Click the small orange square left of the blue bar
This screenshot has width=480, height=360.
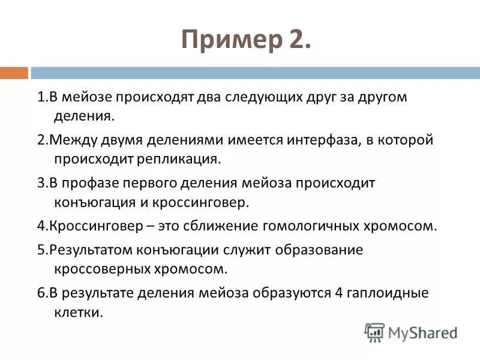[x=14, y=73]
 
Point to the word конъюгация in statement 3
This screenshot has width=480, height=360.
[x=91, y=202]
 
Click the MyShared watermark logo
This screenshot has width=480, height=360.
[x=411, y=332]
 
